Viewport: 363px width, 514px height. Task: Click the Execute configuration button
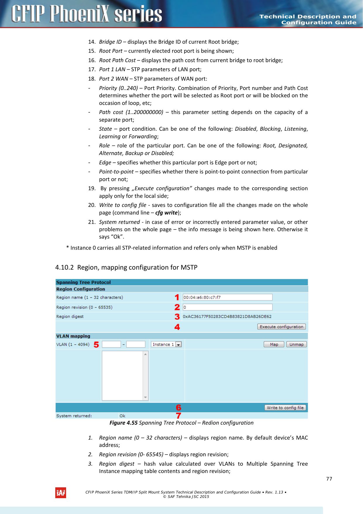pos(281,327)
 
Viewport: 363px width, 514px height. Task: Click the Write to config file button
pos(285,408)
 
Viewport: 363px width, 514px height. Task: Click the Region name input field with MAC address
pos(227,297)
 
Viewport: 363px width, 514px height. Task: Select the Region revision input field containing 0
pos(227,307)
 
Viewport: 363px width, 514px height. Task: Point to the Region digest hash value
pos(227,316)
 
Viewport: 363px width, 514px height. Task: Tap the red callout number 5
pos(96,345)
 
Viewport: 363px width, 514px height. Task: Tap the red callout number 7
pos(178,416)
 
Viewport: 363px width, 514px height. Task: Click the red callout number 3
pos(177,317)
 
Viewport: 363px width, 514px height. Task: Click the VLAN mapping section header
pos(73,336)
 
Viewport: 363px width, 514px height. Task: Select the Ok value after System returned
pos(122,416)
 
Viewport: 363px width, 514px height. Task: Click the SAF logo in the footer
pos(61,493)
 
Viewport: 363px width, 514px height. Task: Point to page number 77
pos(329,479)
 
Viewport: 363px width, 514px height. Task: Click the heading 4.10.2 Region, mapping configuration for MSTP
pos(126,267)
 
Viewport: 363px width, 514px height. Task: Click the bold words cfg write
pos(166,213)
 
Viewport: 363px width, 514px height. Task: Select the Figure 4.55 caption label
pos(123,423)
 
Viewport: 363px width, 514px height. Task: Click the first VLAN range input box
pos(111,344)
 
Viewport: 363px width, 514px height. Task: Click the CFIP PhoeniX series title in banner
pos(87,14)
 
